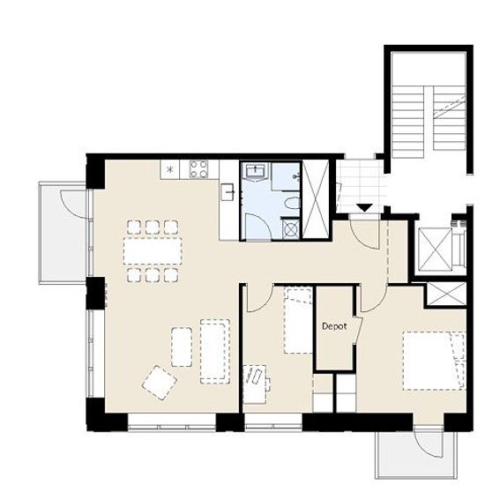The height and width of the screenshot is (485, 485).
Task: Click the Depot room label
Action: [334, 326]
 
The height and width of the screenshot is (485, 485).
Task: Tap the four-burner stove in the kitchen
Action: [199, 169]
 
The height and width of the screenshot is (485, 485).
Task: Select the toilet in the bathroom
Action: [292, 204]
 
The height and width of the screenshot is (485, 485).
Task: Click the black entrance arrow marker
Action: [365, 207]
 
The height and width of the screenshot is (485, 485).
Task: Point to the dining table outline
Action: [153, 250]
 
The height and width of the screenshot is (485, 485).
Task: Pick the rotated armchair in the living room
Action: [160, 383]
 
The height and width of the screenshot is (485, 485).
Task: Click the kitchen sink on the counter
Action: [228, 192]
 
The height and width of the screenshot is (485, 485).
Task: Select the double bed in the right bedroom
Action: [434, 361]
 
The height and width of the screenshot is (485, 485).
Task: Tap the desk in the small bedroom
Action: [255, 384]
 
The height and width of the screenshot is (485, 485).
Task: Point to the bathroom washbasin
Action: [255, 172]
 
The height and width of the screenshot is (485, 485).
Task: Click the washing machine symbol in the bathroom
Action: [290, 229]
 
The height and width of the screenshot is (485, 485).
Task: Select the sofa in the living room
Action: [215, 351]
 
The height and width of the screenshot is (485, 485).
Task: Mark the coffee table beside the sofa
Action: [182, 347]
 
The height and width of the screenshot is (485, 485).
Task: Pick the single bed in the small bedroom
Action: [298, 321]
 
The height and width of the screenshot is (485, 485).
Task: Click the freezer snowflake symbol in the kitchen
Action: [169, 169]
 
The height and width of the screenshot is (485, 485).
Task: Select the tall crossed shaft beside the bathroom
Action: [315, 199]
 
